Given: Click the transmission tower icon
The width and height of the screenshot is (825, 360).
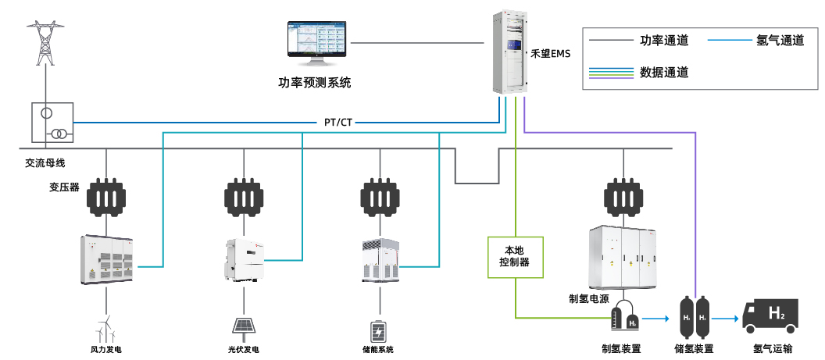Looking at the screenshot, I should pos(47,42).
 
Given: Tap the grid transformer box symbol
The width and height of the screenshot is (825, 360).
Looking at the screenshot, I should pos(52,123).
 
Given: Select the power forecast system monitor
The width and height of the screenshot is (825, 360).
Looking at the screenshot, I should pos(316,45).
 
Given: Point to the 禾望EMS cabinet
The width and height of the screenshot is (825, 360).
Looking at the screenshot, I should pos(510,52).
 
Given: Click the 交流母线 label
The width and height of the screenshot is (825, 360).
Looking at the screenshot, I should pos(45,163).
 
